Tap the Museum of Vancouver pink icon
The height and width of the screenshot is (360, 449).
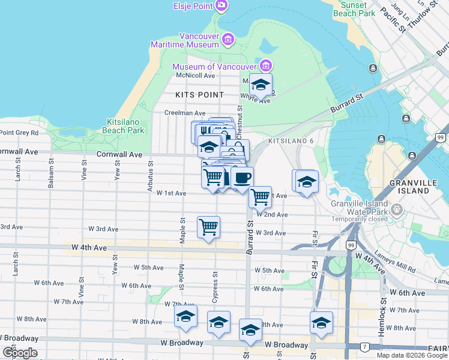(265, 65)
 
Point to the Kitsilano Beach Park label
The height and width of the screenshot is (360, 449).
(125, 125)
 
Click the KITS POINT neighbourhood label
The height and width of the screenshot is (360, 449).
(200, 95)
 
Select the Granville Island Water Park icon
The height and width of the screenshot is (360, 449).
(396, 209)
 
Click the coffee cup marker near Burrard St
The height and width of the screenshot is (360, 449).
(243, 178)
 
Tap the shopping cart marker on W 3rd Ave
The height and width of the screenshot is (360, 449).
(208, 227)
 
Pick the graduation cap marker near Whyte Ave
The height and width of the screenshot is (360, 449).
(261, 84)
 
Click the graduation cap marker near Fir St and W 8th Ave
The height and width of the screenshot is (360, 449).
(321, 322)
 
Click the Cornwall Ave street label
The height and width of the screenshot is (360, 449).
(119, 154)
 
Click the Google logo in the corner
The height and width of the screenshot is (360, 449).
(20, 353)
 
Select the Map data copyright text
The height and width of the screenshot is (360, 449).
(412, 355)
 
